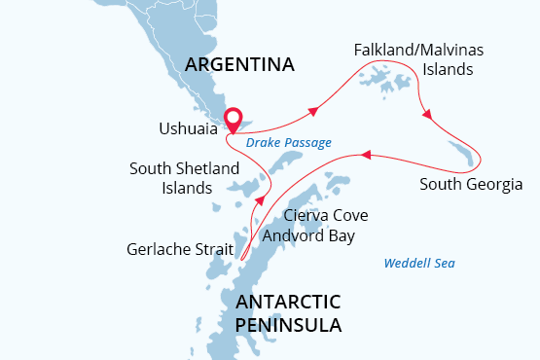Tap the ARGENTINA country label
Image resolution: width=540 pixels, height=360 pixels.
(x=239, y=65)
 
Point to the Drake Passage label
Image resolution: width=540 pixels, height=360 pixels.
(x=288, y=143)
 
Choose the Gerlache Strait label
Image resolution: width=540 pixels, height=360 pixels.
(x=180, y=249)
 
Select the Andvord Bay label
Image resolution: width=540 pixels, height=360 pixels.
(x=308, y=235)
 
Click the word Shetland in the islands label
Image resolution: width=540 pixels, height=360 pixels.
(x=205, y=169)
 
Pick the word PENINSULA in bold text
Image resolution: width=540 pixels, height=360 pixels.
(x=288, y=325)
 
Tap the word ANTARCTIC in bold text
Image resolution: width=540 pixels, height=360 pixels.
(x=288, y=303)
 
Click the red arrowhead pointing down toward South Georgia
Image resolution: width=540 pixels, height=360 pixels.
(x=426, y=116)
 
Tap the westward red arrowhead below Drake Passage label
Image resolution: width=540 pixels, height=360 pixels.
(x=365, y=154)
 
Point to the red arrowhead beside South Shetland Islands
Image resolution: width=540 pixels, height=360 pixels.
(x=259, y=201)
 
